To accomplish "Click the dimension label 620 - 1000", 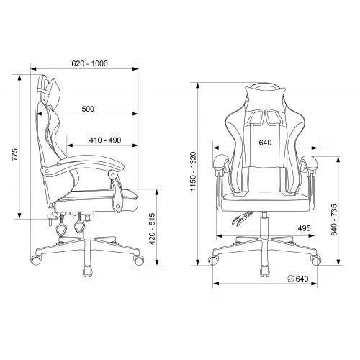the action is (x=89, y=63).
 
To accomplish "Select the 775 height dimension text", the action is (x=15, y=155).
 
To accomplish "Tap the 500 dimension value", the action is (x=88, y=109).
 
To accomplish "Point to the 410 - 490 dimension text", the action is (x=105, y=140).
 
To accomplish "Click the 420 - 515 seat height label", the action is (x=152, y=229).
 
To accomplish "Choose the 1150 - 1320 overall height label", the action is (x=193, y=171).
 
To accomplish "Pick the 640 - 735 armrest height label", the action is (x=334, y=220).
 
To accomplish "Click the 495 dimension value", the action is (x=304, y=228).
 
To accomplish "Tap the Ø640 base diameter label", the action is (x=298, y=279).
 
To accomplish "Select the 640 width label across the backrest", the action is (x=265, y=143).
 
